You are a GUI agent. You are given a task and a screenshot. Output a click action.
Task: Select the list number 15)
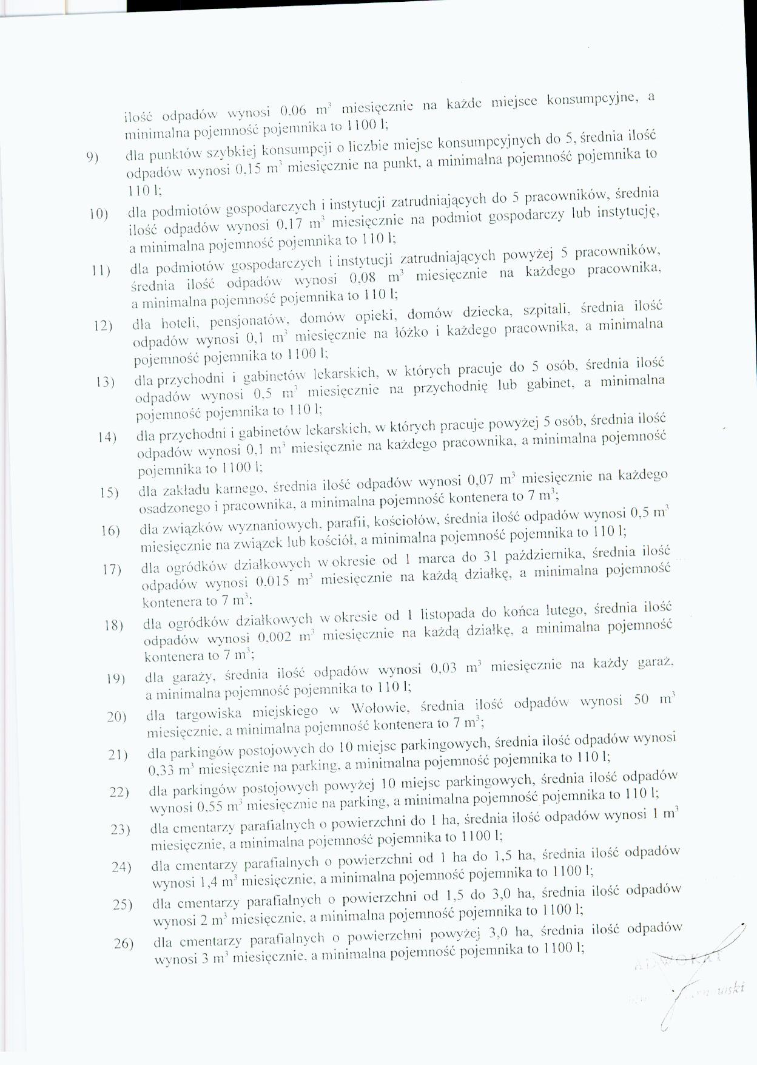click(x=109, y=492)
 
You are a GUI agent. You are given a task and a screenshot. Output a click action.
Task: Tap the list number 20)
click(x=116, y=717)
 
